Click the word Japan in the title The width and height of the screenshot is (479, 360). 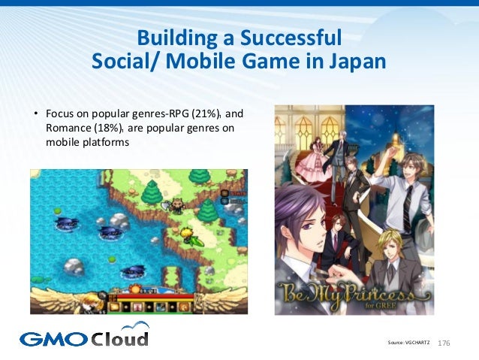(353, 59)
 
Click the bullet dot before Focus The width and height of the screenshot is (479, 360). (35, 115)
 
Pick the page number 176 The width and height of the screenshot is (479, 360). (443, 343)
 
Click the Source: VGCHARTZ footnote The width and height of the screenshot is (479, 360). (408, 343)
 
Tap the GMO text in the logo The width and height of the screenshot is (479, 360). (53, 339)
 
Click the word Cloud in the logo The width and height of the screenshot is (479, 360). (120, 337)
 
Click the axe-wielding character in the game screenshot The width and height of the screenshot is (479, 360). (178, 204)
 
